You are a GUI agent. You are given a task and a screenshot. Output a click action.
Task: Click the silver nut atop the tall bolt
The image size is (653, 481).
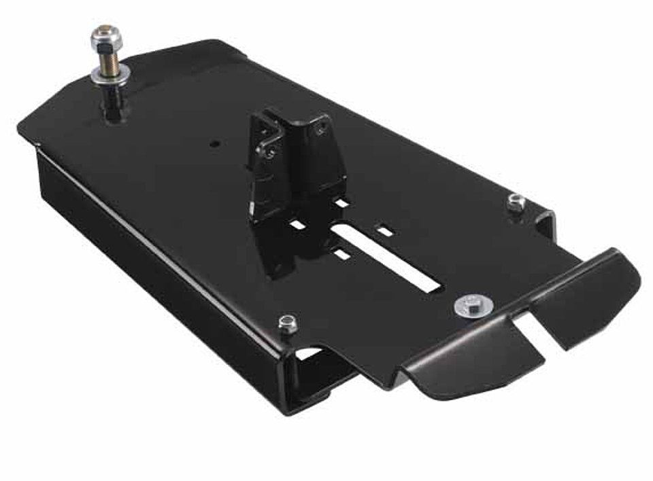coord(105,37)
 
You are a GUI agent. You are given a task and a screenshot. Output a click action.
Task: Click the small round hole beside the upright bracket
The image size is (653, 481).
coord(215,144)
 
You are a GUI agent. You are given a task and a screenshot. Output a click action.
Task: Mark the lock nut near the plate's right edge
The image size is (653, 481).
coord(516,200)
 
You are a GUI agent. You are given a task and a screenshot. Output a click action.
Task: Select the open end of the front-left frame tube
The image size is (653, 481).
coord(320,370)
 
